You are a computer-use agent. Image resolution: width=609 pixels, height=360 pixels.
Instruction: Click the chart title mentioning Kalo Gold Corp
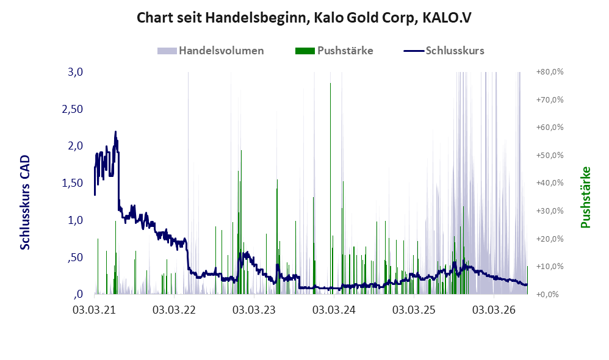[304, 18]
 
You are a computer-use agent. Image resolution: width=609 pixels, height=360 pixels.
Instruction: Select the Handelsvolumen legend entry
[211, 51]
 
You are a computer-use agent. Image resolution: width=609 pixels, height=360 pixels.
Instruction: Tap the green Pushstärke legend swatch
[305, 51]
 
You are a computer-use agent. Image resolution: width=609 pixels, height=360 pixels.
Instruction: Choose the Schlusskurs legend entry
[444, 51]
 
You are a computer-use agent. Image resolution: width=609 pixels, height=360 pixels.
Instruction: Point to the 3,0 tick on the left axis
[75, 72]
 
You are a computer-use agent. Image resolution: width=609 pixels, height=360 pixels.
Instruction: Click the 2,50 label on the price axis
[73, 109]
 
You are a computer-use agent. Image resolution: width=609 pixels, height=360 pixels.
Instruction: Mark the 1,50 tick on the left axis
[73, 183]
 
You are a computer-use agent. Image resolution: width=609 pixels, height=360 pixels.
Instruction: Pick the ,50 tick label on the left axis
[75, 257]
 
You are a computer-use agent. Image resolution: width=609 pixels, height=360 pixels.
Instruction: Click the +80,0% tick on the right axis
[550, 72]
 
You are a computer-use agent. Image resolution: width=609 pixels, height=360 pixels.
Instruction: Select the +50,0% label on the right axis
[550, 156]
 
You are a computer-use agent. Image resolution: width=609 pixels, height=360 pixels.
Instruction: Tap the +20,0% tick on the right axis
[550, 239]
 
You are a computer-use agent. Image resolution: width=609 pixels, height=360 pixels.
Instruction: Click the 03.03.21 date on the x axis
[94, 310]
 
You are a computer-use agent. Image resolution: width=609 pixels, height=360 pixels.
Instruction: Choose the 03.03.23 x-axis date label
[254, 310]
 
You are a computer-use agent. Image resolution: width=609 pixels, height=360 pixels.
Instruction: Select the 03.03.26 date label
[494, 310]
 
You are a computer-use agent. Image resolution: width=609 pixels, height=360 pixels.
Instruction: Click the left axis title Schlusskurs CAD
[25, 203]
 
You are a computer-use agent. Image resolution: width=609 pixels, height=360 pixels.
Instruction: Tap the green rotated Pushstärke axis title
[585, 197]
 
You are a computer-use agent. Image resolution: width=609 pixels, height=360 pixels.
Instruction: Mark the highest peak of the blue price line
[115, 132]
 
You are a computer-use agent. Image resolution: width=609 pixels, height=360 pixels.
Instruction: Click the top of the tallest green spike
[331, 83]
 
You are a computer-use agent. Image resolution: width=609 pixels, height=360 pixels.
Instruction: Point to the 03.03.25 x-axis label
[414, 310]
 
